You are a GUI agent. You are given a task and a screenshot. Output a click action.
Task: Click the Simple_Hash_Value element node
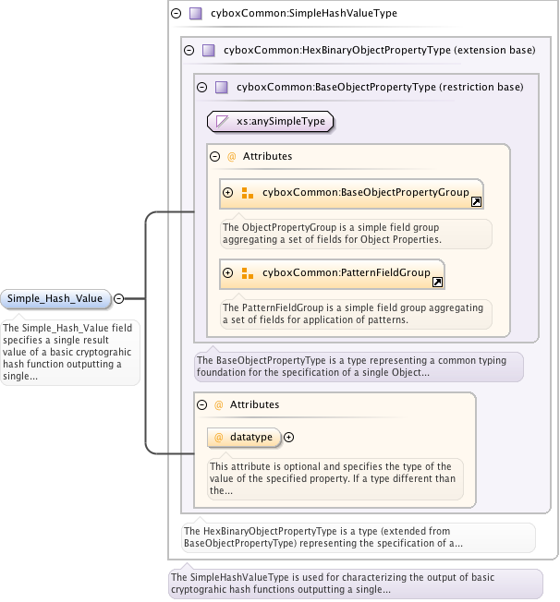tap(56, 298)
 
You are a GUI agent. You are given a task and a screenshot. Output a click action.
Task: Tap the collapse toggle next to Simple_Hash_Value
tap(119, 298)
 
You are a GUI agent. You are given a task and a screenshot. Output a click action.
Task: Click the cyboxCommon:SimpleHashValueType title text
tap(291, 14)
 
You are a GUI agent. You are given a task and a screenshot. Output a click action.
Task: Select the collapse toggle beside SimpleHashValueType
tap(176, 14)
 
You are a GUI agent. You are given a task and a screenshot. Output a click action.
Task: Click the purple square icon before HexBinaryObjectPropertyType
tap(208, 51)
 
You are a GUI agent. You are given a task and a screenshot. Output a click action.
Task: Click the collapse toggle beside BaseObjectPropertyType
tap(201, 88)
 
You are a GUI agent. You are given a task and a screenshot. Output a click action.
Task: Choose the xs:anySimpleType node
tap(270, 120)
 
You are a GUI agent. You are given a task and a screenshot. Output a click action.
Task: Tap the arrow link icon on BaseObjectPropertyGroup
tap(476, 201)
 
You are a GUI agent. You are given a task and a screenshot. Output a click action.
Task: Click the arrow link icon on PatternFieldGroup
tap(438, 282)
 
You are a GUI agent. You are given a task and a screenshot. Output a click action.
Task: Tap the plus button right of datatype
tap(288, 437)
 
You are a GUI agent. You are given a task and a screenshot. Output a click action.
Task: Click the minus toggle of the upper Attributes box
tap(215, 156)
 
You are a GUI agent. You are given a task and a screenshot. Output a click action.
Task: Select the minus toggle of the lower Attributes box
tap(202, 404)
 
